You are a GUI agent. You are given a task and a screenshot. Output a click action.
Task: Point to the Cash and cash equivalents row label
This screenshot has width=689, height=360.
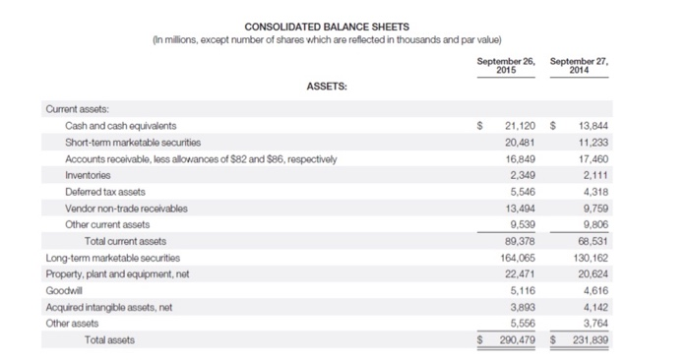point(121,126)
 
